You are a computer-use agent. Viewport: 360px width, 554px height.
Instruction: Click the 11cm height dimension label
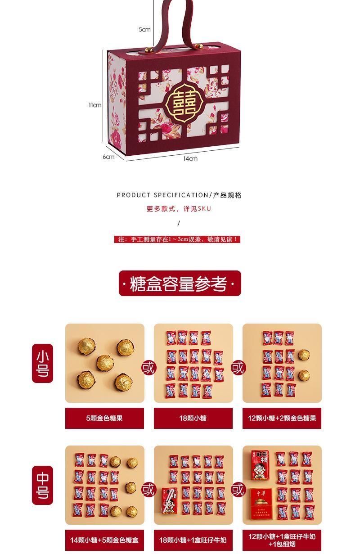[x=95, y=105]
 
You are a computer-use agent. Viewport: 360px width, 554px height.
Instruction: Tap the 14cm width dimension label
[x=190, y=158]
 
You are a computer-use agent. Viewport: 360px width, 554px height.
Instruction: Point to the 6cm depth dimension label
[x=108, y=157]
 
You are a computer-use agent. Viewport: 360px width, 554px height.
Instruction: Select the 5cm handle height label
[x=144, y=29]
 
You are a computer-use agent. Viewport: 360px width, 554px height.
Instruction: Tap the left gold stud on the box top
[x=148, y=50]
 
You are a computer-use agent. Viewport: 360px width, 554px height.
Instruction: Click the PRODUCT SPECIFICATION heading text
[x=163, y=195]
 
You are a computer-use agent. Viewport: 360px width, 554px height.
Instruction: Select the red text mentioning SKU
[x=179, y=209]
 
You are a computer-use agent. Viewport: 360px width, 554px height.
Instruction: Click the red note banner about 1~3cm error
[x=177, y=239]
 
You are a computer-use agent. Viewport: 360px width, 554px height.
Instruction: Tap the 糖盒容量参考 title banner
[x=180, y=284]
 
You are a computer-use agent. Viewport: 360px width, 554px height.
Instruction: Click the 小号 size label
[x=43, y=363]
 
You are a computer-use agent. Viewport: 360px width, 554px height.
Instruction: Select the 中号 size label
[x=43, y=485]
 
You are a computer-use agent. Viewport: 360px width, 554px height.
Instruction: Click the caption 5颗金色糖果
[x=104, y=418]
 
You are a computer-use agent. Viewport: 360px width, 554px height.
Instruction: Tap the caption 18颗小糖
[x=193, y=418]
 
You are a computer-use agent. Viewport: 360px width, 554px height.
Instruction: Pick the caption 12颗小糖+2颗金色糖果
[x=282, y=418]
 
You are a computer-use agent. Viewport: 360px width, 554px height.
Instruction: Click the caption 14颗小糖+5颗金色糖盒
[x=104, y=540]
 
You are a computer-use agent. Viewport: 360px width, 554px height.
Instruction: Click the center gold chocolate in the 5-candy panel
[x=105, y=363]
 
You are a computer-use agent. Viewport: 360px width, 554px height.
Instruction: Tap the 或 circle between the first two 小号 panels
[x=148, y=368]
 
